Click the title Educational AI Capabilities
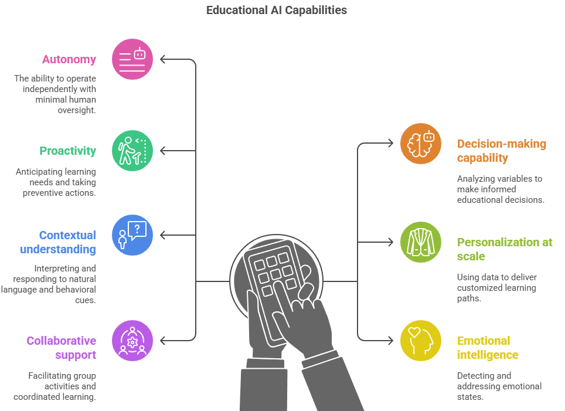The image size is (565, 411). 276,11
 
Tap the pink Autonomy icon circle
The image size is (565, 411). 132,59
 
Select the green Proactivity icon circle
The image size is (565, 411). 132,151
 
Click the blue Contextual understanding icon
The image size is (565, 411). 132,235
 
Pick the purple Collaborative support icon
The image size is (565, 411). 132,341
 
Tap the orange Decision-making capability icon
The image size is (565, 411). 421,144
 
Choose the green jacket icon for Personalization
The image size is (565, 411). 421,242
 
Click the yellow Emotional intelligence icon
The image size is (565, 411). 421,341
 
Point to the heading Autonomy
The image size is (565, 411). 69,59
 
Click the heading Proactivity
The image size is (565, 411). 67,151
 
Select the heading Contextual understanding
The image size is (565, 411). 58,242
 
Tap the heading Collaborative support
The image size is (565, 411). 61,348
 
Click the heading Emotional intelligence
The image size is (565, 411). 488,348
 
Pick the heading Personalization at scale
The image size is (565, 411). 505,249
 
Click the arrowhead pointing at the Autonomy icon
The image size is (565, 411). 164,59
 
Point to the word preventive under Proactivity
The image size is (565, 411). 44,193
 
